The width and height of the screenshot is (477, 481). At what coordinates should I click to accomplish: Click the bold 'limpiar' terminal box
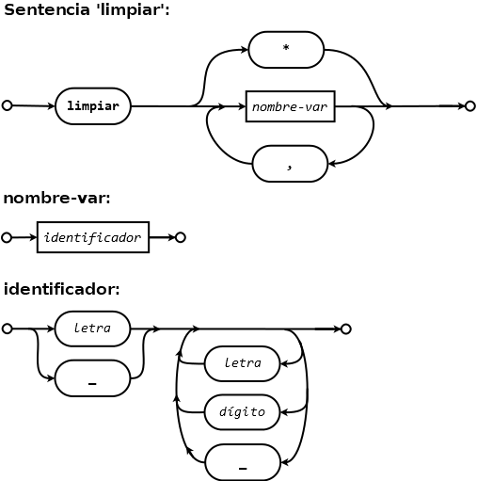point(93,106)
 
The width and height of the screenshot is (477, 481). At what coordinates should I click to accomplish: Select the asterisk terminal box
point(286,50)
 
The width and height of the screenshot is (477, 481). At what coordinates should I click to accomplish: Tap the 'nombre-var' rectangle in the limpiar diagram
point(291,106)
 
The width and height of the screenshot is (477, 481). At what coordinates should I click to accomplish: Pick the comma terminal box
point(290,164)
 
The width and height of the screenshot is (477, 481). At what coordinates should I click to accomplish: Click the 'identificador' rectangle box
point(93,237)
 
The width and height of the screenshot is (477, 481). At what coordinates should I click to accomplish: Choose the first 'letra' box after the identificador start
point(92,329)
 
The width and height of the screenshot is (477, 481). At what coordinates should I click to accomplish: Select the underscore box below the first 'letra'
point(92,378)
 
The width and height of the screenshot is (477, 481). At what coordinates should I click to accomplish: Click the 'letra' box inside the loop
point(242,363)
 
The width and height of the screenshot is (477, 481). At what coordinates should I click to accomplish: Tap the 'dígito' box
point(242,412)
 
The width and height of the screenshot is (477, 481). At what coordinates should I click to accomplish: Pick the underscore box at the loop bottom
point(243,462)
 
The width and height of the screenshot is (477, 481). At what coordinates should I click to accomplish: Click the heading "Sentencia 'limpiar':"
point(87,10)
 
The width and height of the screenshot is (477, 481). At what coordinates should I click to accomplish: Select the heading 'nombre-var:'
point(56,198)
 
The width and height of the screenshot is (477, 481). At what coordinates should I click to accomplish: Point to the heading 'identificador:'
point(61,289)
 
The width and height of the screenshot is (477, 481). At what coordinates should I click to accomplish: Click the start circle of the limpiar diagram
point(7,105)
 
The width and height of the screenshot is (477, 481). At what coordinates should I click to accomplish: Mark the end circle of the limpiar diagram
point(469,106)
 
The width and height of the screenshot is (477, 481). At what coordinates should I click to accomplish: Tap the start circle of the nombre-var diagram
point(7,237)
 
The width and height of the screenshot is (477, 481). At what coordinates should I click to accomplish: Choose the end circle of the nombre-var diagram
point(181,237)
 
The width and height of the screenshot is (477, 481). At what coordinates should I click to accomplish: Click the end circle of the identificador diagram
point(345,329)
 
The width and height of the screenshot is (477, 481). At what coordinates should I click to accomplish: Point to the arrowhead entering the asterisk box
point(244,50)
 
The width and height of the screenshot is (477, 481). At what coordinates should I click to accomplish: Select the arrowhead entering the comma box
point(332,164)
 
